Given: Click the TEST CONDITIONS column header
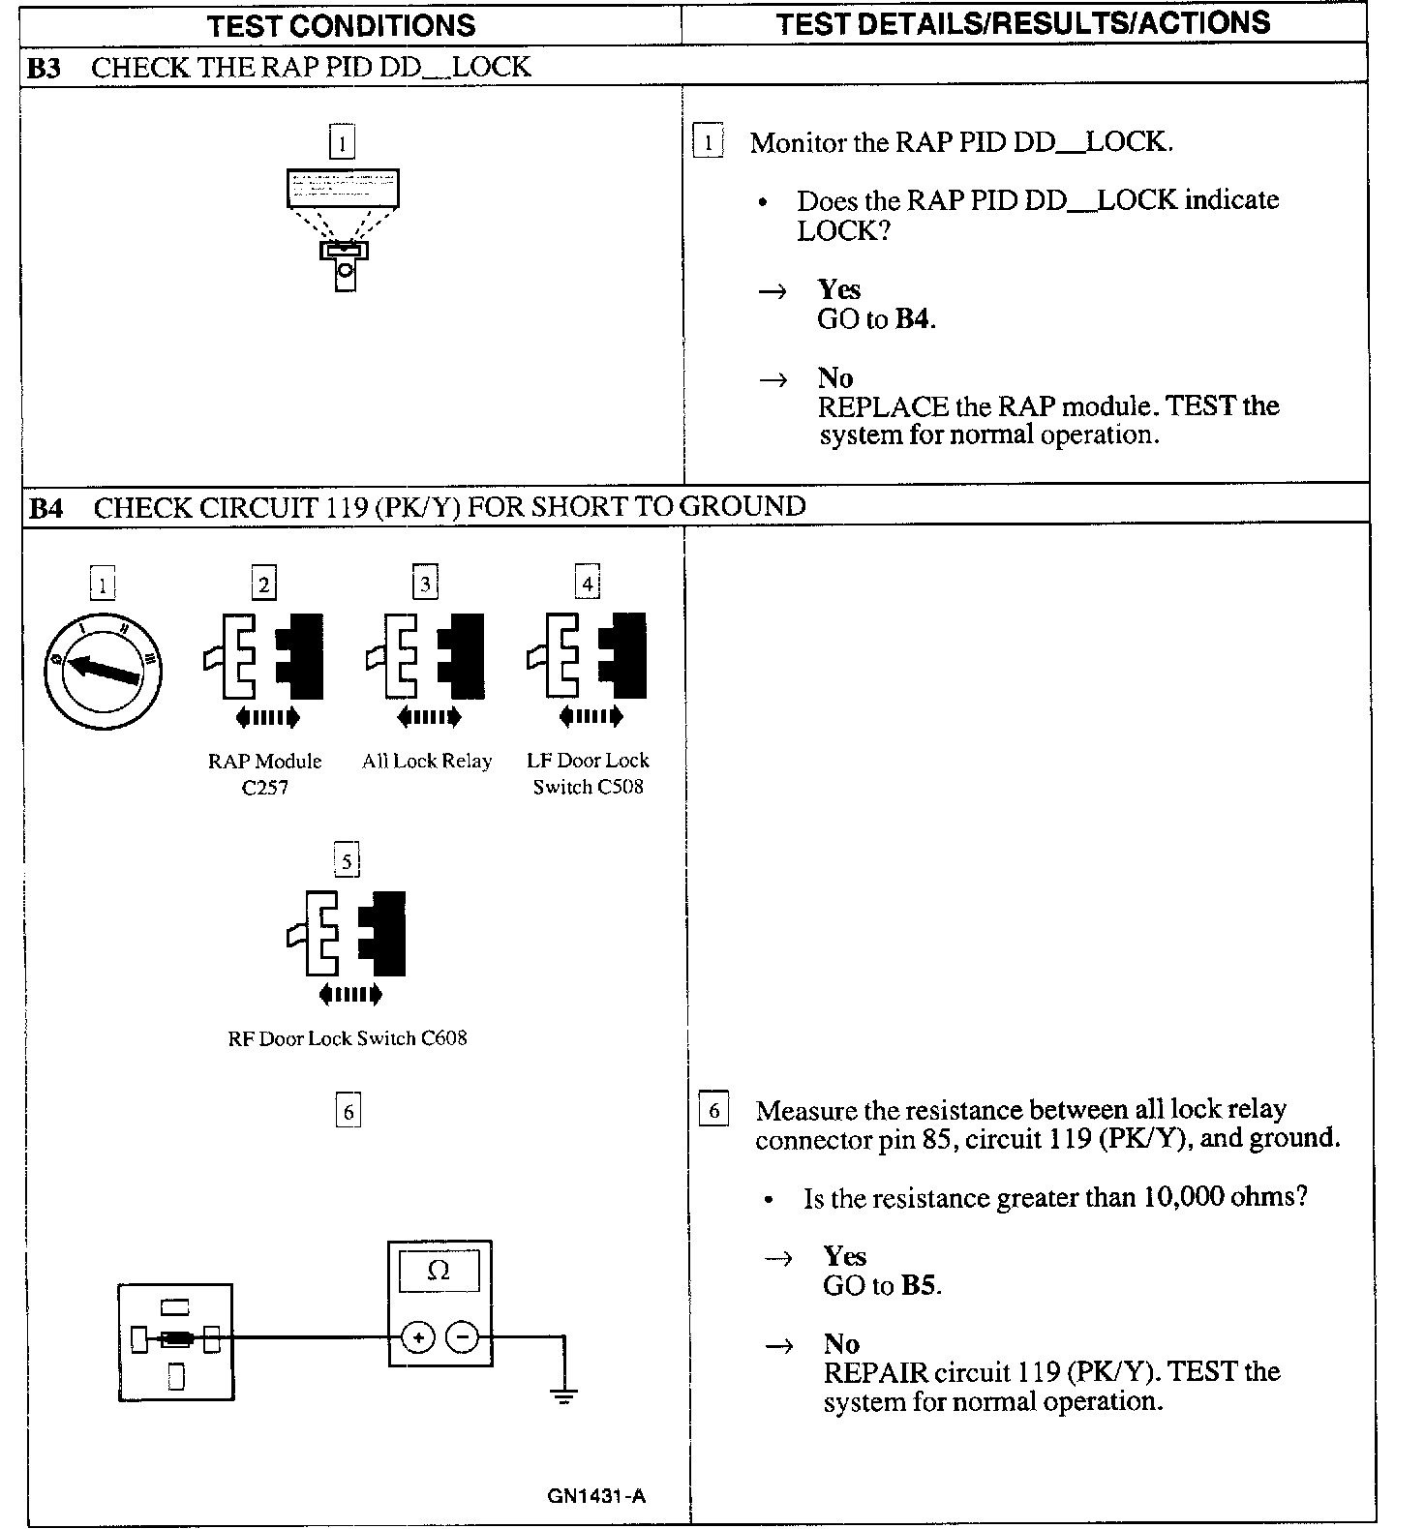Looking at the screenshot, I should coord(341,25).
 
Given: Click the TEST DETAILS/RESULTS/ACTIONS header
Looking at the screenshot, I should coord(1022,23).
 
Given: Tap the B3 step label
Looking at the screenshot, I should coord(45,68).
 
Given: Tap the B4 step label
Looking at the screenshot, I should coord(46,508).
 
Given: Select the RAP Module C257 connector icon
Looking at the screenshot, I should coord(264,657).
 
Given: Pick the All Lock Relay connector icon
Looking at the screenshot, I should coord(426,657).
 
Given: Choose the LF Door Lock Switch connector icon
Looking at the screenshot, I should coord(588,657).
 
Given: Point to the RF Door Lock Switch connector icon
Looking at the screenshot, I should coord(347,935).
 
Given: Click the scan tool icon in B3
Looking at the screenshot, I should coord(343,228).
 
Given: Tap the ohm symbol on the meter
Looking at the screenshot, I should coord(439,1271).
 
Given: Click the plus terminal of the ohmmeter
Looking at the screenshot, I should coord(418,1338).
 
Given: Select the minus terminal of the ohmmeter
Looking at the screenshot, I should coord(463,1338).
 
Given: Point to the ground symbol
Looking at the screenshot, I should coord(563,1395).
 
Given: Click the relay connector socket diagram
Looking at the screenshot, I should coord(176,1342).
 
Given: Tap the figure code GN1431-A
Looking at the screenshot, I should coord(596,1496).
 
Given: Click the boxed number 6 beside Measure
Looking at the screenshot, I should coord(713,1110).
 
